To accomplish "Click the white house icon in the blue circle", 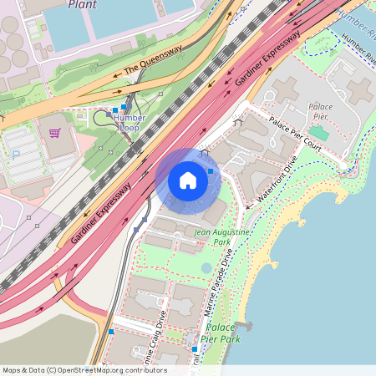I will pyautogui.click(x=188, y=180).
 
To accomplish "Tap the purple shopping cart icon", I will pyautogui.click(x=54, y=132).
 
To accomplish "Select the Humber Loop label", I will pyautogui.click(x=129, y=123).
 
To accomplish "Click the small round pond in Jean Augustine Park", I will pyautogui.click(x=206, y=268).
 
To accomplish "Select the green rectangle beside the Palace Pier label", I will pyautogui.click(x=318, y=133).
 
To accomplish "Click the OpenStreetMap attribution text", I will pyautogui.click(x=84, y=370).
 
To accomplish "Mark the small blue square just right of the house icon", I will pyautogui.click(x=211, y=171).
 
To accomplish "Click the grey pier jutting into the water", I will pyautogui.click(x=243, y=324).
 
